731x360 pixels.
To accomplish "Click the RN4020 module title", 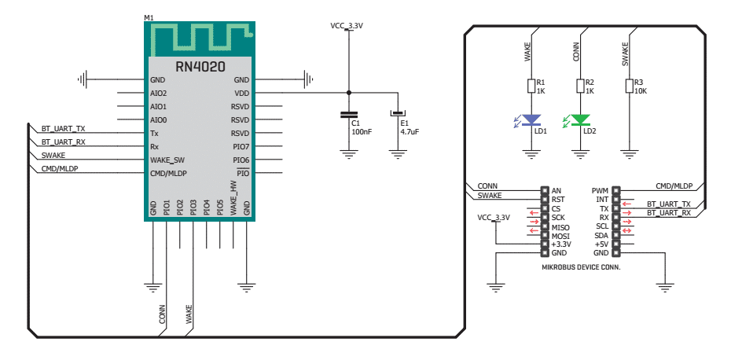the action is [x=200, y=67].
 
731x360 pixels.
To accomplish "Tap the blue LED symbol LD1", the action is [x=531, y=120].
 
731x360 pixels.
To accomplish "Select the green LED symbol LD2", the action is [x=580, y=120].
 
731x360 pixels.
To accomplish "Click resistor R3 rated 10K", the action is [x=630, y=86].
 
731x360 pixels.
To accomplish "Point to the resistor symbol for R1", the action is [x=531, y=86].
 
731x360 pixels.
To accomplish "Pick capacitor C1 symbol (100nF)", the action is [x=348, y=114].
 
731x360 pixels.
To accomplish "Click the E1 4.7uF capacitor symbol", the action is [x=398, y=114].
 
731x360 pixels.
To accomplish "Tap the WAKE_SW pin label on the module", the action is [x=167, y=160].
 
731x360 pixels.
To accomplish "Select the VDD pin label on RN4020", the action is [x=242, y=94].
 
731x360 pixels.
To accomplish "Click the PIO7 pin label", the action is [x=241, y=147].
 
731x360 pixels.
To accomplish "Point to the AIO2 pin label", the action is [x=159, y=94].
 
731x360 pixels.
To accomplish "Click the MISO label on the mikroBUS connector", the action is [x=560, y=227].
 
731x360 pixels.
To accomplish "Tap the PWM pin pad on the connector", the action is [x=616, y=191].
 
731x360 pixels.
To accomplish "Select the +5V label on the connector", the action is [x=601, y=244].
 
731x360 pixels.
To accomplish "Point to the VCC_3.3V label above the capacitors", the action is [x=347, y=26].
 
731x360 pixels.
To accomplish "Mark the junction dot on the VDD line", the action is [x=348, y=93].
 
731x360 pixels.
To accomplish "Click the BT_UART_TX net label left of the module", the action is [x=64, y=128].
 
